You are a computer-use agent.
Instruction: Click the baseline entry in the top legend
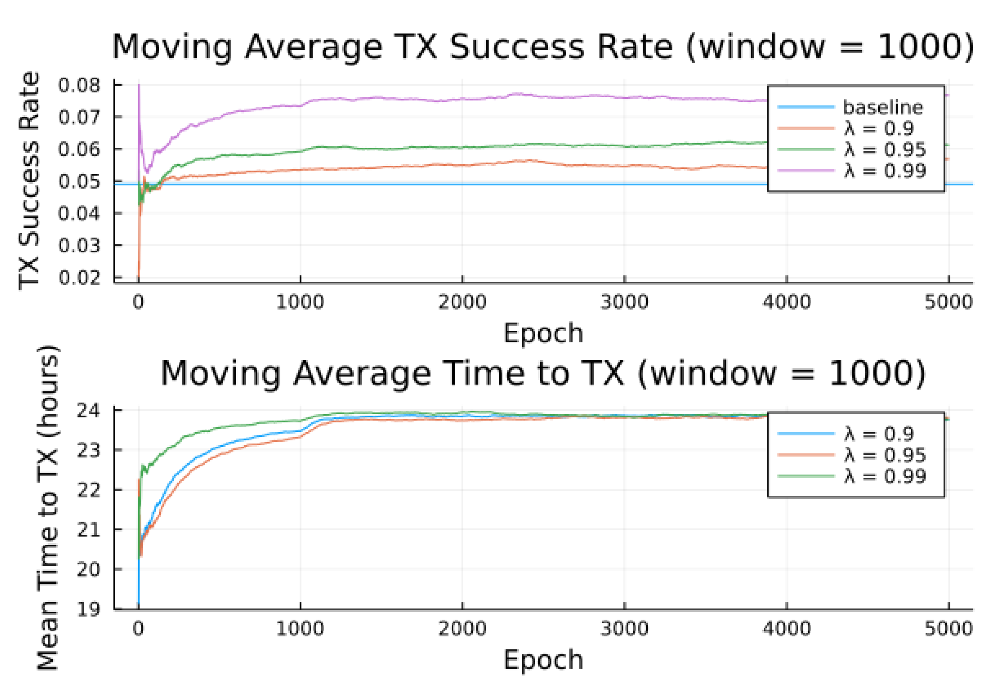click(x=883, y=107)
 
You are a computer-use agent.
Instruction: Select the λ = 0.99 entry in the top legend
click(x=885, y=170)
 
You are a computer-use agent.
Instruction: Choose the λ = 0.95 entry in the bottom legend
click(x=885, y=455)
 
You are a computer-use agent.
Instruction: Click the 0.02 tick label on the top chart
click(x=79, y=277)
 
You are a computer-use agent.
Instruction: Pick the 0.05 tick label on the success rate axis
click(x=79, y=181)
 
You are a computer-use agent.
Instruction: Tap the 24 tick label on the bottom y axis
click(x=89, y=410)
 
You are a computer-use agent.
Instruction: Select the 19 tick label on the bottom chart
click(x=89, y=609)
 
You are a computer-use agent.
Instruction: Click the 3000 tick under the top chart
click(x=624, y=302)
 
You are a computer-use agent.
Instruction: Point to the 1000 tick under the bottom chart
click(x=300, y=629)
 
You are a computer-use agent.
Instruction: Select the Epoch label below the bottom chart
click(x=543, y=660)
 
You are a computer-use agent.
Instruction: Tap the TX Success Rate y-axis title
click(x=29, y=181)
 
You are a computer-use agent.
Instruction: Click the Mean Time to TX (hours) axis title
click(x=48, y=508)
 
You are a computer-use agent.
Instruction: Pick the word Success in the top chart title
click(x=516, y=47)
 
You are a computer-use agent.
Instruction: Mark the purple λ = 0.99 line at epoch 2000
click(x=462, y=99)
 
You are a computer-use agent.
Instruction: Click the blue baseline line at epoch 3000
click(x=624, y=185)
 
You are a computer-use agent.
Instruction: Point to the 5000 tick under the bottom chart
click(x=948, y=629)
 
